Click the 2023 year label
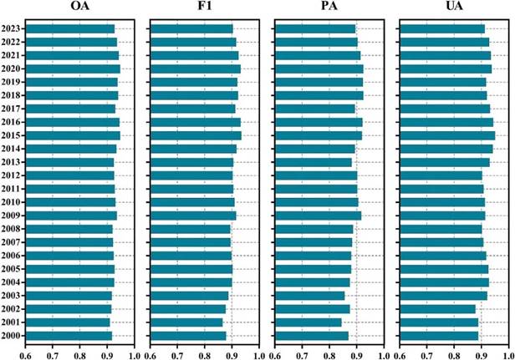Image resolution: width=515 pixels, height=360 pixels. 12,29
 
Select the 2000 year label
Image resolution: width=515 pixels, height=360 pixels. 12,337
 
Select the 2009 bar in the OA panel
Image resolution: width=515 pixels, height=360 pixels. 72,215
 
